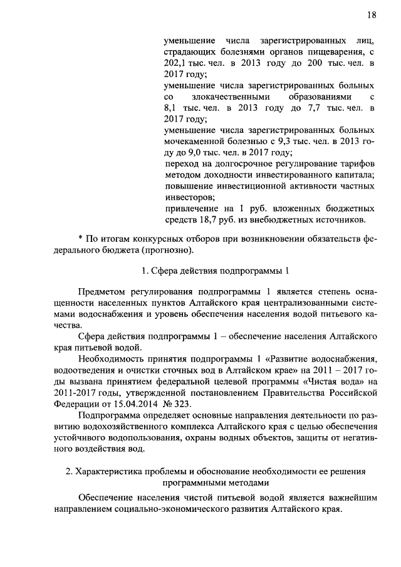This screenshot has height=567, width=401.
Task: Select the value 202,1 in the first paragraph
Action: click(x=175, y=63)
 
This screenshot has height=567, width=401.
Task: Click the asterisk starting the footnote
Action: click(x=81, y=239)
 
